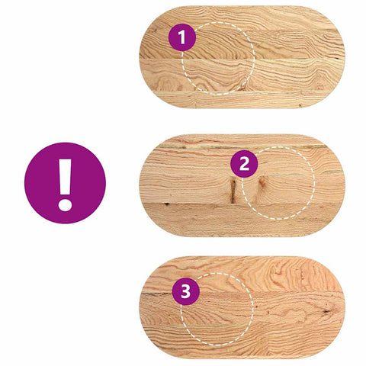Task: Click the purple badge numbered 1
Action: pyautogui.click(x=181, y=36)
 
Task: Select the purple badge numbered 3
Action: pyautogui.click(x=185, y=291)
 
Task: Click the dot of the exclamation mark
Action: pyautogui.click(x=65, y=204)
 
